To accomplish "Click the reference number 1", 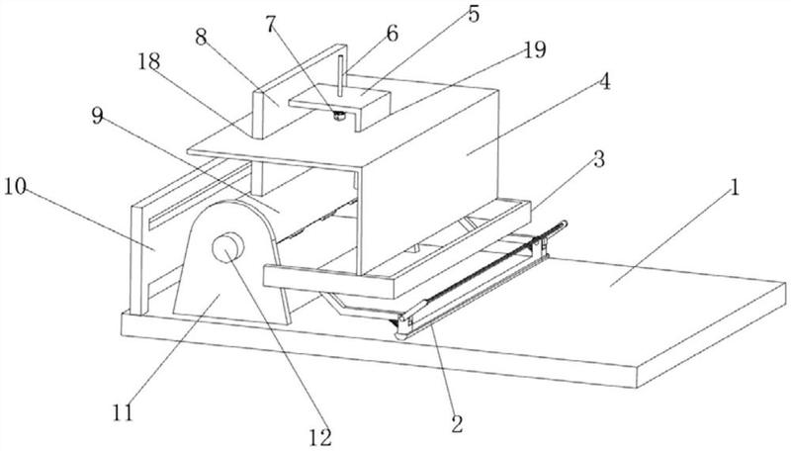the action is [x=735, y=189].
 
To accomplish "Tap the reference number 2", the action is [x=457, y=424].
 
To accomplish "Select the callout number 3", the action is [x=598, y=160].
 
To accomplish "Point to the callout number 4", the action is [x=605, y=81].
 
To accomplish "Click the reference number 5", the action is [x=474, y=14].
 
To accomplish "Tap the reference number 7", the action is [x=271, y=24].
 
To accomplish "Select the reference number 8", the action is [x=202, y=37].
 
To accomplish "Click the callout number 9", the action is [x=97, y=116].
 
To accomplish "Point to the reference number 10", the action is [x=15, y=186].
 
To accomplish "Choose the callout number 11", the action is [x=123, y=413].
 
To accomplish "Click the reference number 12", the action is [x=320, y=437].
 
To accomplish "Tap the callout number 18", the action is [x=149, y=61].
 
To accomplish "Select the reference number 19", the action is [x=534, y=49].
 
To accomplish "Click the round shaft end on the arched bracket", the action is [x=228, y=247].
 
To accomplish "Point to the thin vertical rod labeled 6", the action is [x=341, y=75].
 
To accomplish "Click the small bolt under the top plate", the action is [x=339, y=117].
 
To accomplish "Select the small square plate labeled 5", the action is [x=339, y=105].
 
